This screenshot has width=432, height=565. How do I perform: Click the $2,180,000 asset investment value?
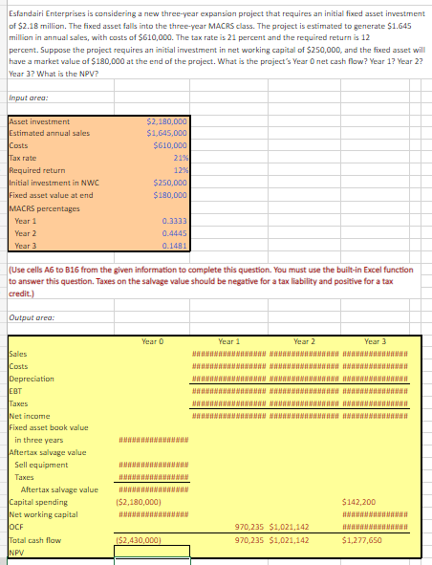(167, 122)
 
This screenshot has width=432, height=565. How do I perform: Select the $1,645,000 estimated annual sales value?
(167, 133)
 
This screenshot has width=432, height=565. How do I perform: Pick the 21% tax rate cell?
(180, 156)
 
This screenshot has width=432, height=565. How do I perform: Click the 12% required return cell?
(180, 168)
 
